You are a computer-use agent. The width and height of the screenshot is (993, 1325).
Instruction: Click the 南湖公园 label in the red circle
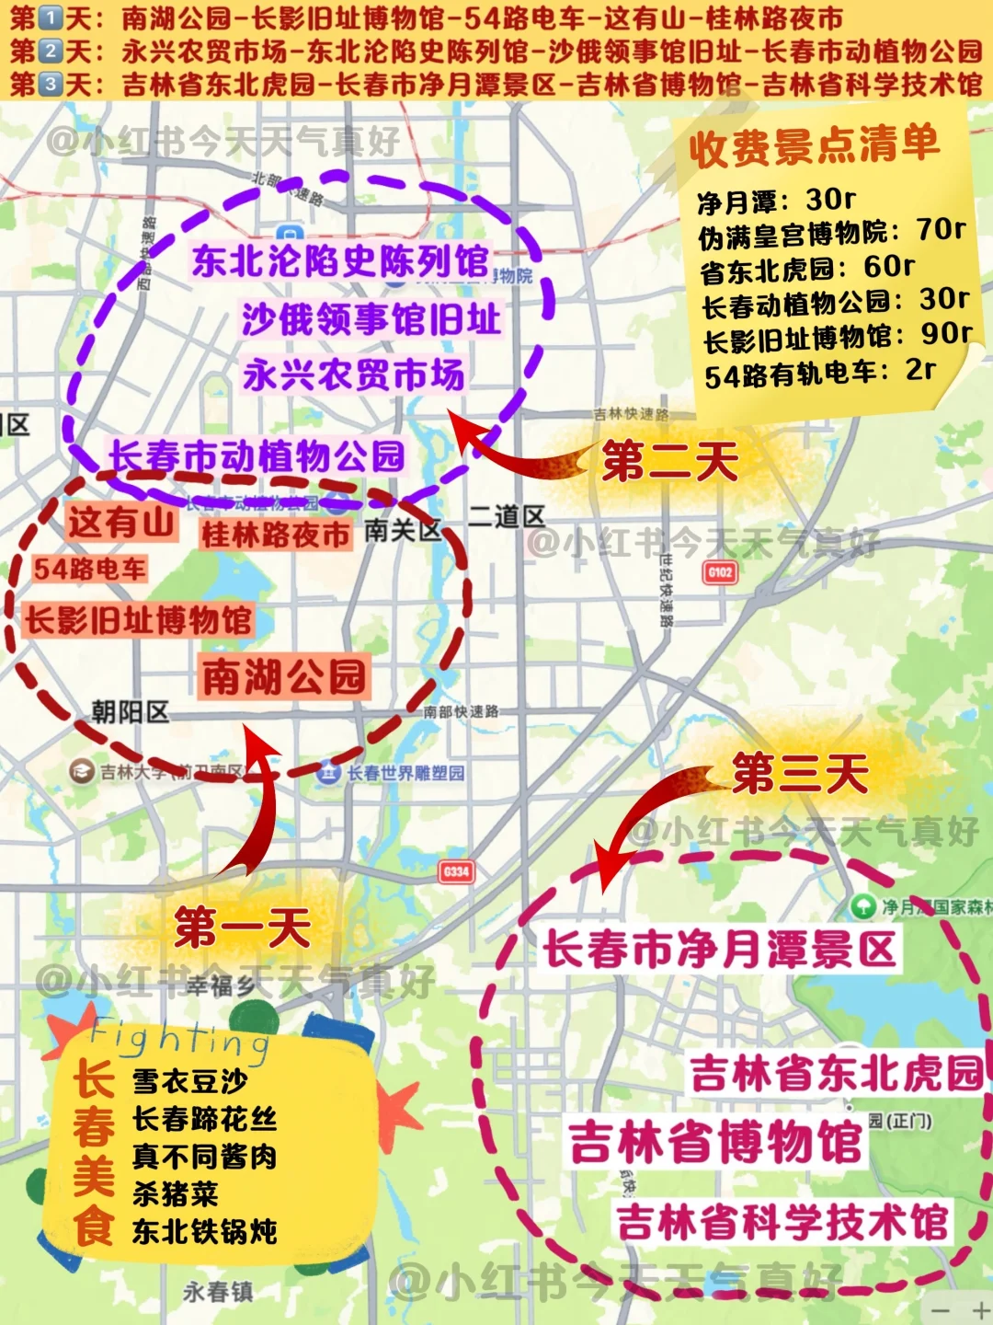tap(284, 677)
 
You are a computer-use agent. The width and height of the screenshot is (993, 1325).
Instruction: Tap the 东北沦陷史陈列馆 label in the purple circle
tap(340, 260)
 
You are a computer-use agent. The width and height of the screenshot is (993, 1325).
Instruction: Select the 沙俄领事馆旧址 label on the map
tap(371, 319)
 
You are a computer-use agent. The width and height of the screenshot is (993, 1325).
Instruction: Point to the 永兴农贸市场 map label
tap(354, 374)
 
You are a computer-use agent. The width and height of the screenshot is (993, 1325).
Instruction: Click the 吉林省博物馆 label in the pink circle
tap(714, 1142)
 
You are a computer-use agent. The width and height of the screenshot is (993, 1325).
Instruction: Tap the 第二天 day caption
tap(670, 460)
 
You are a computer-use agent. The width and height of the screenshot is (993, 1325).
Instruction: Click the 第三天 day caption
tap(800, 772)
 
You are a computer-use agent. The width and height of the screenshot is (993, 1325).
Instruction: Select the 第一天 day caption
tap(242, 926)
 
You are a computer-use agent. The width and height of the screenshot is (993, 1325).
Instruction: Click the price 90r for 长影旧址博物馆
tap(946, 333)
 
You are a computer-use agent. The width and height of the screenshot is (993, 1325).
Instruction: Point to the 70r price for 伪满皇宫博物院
tap(941, 229)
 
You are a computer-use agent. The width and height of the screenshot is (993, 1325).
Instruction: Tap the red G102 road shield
tap(720, 572)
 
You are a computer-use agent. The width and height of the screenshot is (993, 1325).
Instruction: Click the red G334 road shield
tap(456, 871)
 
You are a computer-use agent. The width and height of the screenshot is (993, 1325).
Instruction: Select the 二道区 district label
tap(507, 516)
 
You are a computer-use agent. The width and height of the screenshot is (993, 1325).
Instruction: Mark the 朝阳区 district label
tap(130, 711)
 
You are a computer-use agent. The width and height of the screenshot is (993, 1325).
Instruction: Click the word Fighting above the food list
tap(179, 1038)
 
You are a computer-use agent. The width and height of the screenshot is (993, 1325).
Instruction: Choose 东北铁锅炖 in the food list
tap(204, 1231)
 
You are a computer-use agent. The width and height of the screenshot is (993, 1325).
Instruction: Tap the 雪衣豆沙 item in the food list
tap(189, 1080)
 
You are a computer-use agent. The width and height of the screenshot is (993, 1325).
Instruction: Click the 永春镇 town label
tap(218, 1292)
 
